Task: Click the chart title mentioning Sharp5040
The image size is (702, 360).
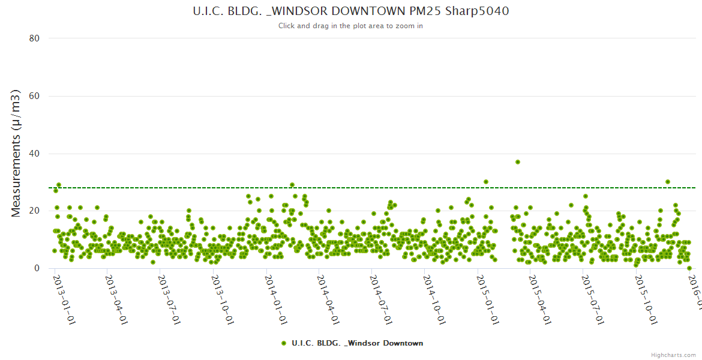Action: (350, 11)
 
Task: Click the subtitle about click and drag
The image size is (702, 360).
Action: (350, 26)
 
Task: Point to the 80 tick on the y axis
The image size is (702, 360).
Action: (34, 38)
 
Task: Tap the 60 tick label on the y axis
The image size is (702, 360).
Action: (34, 96)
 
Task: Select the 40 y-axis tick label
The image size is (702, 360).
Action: (34, 154)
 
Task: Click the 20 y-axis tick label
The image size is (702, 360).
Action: (34, 211)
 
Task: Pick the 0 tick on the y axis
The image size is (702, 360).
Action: (37, 268)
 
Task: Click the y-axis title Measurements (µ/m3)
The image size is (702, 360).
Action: (16, 153)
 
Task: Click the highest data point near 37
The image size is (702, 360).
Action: (517, 162)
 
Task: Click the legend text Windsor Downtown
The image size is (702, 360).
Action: (357, 343)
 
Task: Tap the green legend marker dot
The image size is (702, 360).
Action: (283, 343)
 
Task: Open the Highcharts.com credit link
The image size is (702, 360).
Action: (673, 355)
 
